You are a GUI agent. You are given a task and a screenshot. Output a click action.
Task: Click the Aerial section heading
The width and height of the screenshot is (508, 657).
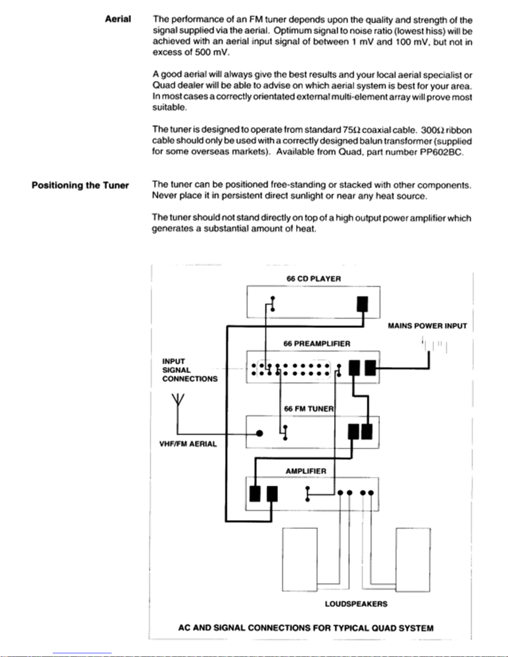point(118,19)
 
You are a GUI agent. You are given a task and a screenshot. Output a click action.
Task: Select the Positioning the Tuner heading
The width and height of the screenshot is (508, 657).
point(80,185)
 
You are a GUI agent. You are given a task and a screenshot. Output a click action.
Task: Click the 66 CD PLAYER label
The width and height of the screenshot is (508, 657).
point(314,279)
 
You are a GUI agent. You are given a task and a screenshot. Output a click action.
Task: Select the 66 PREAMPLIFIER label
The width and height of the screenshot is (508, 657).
point(317,344)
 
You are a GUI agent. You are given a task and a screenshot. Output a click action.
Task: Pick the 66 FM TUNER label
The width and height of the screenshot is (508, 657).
point(309,409)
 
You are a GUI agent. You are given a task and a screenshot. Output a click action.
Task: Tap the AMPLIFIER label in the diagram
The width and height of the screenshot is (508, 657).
point(306,471)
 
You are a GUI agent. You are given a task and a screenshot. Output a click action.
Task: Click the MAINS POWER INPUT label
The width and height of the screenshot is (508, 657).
point(427,326)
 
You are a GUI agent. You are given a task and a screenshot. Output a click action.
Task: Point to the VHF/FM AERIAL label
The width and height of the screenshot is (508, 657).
point(188,444)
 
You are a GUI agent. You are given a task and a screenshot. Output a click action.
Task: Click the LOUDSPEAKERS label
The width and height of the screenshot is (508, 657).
point(356,604)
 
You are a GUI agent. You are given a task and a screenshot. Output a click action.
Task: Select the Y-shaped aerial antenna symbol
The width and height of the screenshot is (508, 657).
point(177,401)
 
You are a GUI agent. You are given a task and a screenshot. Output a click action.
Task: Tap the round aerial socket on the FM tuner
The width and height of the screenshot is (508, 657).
point(260,434)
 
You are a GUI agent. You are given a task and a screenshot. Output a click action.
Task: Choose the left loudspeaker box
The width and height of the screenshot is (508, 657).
point(300,559)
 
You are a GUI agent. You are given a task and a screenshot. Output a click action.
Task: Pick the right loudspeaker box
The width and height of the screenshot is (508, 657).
point(413,559)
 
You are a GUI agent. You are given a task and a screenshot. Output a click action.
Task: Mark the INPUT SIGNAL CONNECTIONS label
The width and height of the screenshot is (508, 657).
point(190,370)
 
